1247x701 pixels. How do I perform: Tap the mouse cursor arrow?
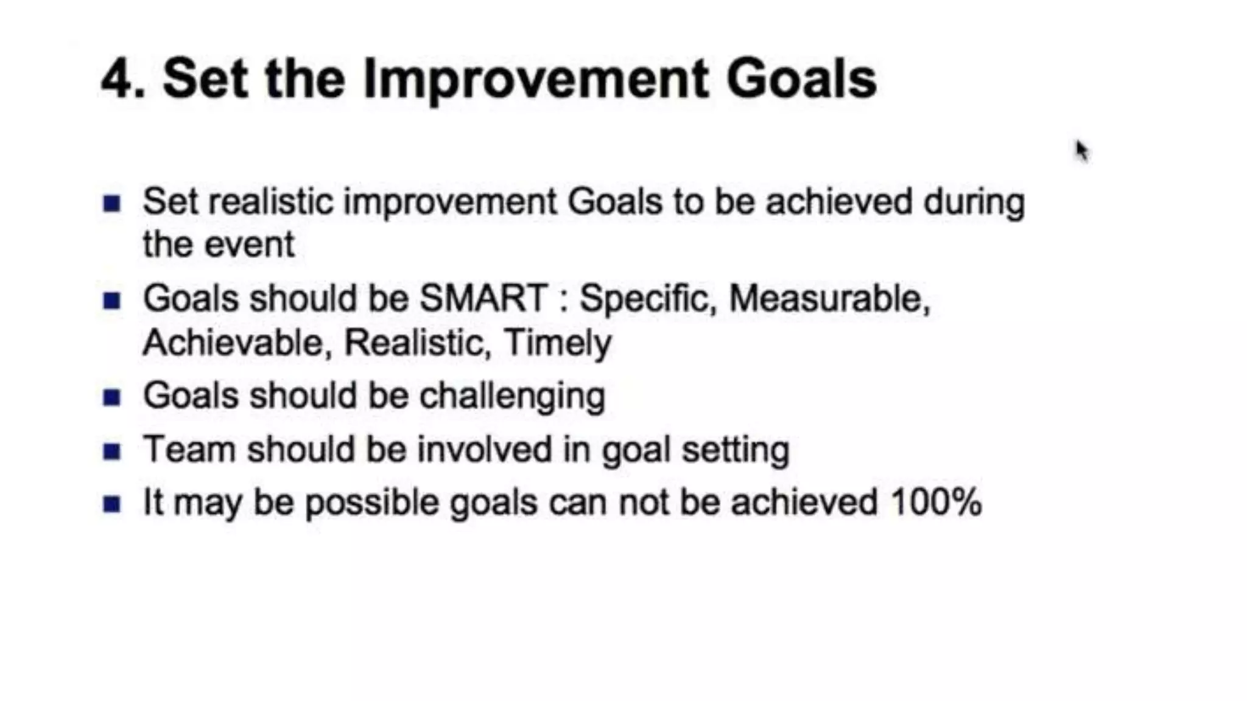tap(1081, 150)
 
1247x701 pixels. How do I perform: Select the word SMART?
tap(484, 299)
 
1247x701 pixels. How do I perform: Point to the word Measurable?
tap(829, 299)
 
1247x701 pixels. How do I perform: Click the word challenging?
tap(512, 397)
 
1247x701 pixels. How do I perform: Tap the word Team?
tap(189, 450)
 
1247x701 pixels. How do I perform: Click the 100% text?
tap(936, 503)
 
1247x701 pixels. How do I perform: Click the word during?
tap(974, 202)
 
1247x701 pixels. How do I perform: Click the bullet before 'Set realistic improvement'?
tap(112, 203)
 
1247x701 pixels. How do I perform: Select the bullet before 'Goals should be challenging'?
tap(112, 398)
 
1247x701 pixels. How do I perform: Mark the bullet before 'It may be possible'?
tap(112, 504)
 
